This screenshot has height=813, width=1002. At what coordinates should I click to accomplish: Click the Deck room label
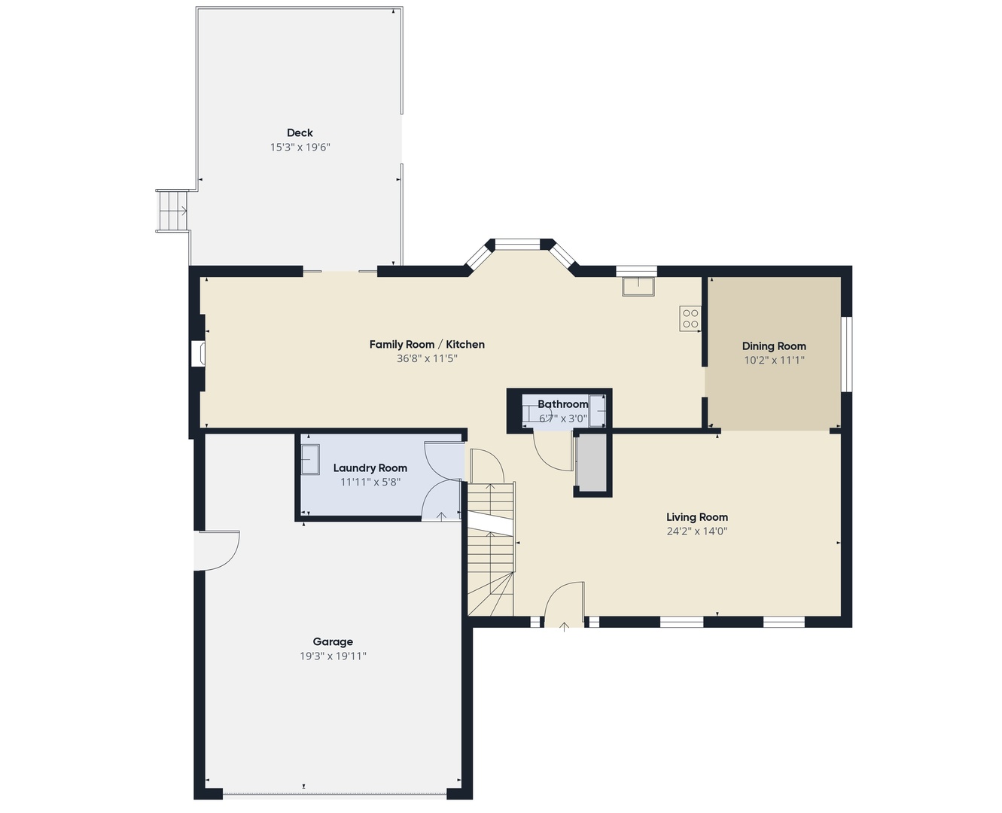[300, 133]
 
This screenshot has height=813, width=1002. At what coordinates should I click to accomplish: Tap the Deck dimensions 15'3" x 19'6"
[300, 148]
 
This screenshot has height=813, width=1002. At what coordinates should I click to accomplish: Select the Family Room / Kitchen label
[427, 345]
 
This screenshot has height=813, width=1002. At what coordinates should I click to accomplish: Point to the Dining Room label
[774, 346]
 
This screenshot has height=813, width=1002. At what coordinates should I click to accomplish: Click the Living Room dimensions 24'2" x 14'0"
[696, 531]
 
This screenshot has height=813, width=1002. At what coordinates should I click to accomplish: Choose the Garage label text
[333, 642]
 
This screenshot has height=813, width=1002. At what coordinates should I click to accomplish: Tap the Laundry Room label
[370, 468]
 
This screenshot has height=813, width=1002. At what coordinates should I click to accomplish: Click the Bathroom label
[562, 404]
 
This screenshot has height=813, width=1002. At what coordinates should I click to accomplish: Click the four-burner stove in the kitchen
[690, 318]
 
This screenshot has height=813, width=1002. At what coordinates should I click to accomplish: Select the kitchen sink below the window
[638, 286]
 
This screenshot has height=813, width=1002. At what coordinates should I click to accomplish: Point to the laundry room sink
[310, 459]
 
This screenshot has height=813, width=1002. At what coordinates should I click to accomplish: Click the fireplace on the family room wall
[198, 353]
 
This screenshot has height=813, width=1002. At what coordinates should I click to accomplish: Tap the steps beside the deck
[172, 211]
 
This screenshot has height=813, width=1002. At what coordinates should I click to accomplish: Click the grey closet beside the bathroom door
[592, 463]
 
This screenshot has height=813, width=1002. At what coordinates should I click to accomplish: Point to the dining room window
[847, 354]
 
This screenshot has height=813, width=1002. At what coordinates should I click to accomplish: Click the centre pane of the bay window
[517, 244]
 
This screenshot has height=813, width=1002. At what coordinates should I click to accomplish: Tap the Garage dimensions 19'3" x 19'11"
[333, 656]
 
